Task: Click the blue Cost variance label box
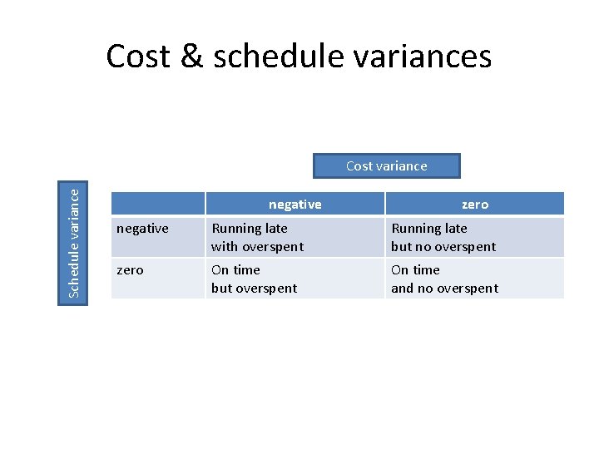pos(386,166)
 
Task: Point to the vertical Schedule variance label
pos(74,242)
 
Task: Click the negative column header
pos(295,205)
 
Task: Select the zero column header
pos(474,205)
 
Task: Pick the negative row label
pos(142,229)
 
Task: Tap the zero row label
pos(130,270)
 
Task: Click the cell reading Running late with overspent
pos(257,237)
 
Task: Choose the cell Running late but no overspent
pos(443,237)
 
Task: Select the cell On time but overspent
pos(254,279)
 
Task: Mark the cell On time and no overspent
pos(444,279)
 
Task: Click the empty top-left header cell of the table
pos(158,205)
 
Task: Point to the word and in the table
pos(403,289)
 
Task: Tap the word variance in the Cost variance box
pos(402,166)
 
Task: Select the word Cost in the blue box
pos(359,166)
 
